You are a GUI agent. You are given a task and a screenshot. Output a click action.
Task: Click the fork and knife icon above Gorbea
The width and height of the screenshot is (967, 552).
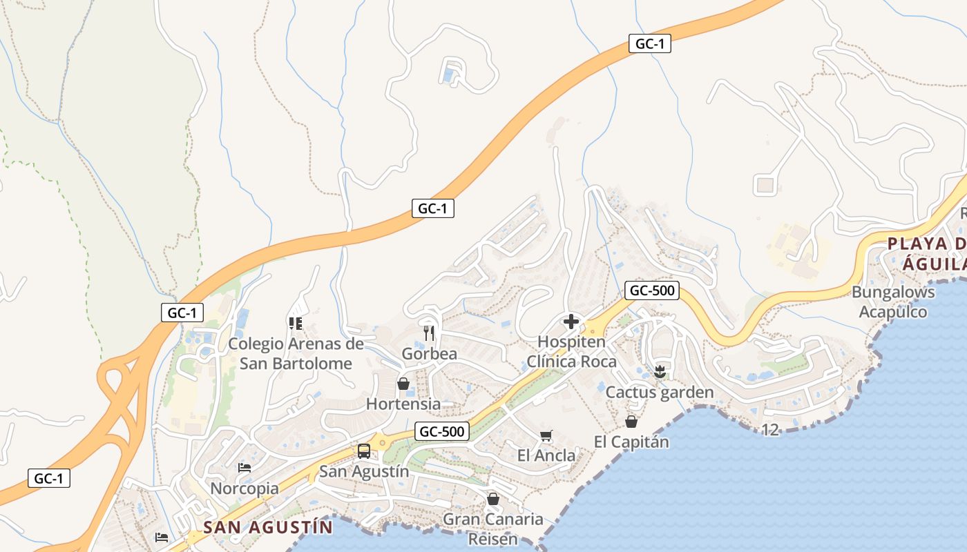[x=429, y=333]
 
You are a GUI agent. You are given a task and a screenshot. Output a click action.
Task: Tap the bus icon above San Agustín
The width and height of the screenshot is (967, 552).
[x=364, y=451]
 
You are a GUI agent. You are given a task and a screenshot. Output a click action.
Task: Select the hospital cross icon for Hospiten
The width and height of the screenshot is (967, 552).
[x=571, y=322]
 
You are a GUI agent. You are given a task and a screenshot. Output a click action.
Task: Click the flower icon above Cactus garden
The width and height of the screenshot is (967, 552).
[x=660, y=372]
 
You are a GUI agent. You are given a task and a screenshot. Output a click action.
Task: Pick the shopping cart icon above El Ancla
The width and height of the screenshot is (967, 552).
[x=546, y=435]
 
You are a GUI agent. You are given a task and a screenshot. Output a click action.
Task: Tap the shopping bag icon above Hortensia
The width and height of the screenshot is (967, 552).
[x=403, y=384]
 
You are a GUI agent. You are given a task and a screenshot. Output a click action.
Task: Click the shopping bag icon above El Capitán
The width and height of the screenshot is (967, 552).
[x=631, y=421]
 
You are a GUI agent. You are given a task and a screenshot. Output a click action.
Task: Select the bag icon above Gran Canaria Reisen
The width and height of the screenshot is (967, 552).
[x=493, y=498]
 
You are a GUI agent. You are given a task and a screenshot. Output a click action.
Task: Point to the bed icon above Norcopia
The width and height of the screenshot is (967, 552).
[x=245, y=468]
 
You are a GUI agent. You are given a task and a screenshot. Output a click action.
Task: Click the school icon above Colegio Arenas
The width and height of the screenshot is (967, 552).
[x=296, y=323]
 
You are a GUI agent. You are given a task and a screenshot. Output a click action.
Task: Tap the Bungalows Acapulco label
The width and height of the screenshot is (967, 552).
[x=893, y=302]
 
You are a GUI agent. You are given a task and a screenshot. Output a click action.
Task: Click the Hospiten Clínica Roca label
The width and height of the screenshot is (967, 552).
[x=571, y=351]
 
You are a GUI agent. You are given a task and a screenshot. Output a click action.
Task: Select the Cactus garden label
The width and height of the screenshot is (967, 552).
[x=660, y=393]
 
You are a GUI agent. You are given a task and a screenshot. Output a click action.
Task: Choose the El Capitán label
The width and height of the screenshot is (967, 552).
[x=631, y=442]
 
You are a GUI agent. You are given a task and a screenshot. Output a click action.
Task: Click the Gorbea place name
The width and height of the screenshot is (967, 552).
[x=430, y=354]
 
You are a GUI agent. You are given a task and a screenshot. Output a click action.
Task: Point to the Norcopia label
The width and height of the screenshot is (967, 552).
[x=245, y=489]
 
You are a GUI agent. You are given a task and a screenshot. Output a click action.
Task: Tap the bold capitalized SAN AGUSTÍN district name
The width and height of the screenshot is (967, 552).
[x=268, y=528]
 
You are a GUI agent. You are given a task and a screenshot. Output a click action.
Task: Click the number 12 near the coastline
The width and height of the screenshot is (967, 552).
[x=770, y=430]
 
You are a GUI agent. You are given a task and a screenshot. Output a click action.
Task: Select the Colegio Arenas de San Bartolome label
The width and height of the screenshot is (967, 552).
[x=296, y=353]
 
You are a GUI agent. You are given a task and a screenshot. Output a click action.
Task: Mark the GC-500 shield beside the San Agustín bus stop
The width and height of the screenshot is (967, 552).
[x=443, y=432]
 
